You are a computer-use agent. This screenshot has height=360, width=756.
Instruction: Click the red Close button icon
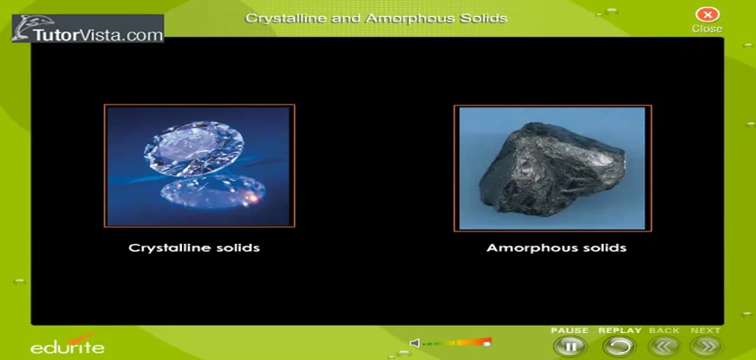(706, 14)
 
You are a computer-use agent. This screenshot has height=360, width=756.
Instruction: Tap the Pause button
(570, 346)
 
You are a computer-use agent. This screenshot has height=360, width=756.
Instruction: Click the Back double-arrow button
(664, 346)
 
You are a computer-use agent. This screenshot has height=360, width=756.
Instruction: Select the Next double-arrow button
(706, 346)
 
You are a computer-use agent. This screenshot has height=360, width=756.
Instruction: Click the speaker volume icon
(414, 343)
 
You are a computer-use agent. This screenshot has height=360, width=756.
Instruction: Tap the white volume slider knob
(487, 344)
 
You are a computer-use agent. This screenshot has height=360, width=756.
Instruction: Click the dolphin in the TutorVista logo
(23, 29)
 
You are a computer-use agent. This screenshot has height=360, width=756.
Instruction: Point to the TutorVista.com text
(98, 35)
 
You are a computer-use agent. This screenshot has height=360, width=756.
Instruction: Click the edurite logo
(67, 344)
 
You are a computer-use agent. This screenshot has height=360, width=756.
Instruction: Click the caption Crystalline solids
(194, 247)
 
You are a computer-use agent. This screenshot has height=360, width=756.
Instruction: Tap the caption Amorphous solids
(556, 247)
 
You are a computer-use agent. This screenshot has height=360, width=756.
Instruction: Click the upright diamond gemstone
(193, 148)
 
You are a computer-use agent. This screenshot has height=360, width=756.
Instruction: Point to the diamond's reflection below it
(212, 192)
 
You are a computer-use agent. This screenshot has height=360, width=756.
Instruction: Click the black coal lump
(552, 168)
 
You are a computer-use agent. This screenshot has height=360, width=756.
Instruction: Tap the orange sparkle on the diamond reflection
(253, 196)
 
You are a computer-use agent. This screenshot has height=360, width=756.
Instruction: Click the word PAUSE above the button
(570, 330)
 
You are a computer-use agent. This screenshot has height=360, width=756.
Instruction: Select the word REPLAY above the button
(619, 330)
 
